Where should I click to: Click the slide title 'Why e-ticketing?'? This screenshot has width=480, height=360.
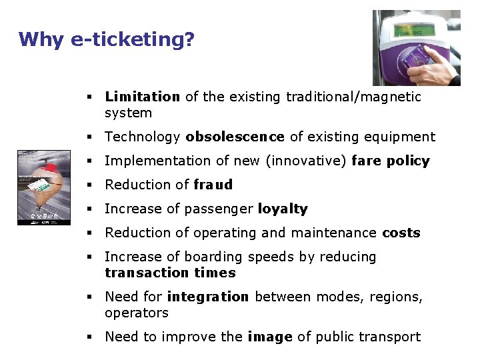tap(107, 39)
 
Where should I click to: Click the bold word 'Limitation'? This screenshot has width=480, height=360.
tap(142, 97)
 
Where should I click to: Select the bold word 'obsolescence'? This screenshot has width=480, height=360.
tap(235, 137)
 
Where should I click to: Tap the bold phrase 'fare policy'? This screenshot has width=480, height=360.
tap(390, 161)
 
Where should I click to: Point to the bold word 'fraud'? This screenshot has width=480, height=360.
tap(213, 185)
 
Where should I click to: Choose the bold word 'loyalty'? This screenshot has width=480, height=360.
tap(283, 209)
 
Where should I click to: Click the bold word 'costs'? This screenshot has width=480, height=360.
tap(401, 233)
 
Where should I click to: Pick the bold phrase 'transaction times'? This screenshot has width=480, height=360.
tap(170, 273)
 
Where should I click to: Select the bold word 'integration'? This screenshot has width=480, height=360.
tap(207, 297)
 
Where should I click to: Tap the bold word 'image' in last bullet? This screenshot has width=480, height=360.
tap(269, 337)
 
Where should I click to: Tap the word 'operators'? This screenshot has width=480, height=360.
tap(136, 313)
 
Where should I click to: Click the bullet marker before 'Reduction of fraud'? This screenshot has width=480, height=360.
tap(89, 185)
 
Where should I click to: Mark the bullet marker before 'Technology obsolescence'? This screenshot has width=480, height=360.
tap(89, 137)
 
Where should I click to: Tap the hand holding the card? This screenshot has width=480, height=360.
tap(437, 67)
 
